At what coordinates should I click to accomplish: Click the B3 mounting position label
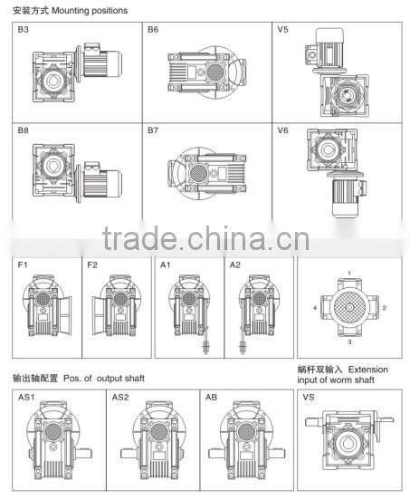pyautogui.click(x=24, y=30)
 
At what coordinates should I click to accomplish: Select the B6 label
pyautogui.click(x=153, y=30)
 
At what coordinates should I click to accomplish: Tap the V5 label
pyautogui.click(x=282, y=30)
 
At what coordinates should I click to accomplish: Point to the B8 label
pyautogui.click(x=24, y=130)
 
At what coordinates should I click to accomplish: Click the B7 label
pyautogui.click(x=153, y=130)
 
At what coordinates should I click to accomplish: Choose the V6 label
pyautogui.click(x=282, y=130)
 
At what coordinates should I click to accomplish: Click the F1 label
pyautogui.click(x=23, y=265)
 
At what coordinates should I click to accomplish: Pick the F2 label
pyautogui.click(x=92, y=265)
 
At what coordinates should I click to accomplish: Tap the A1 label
pyautogui.click(x=166, y=265)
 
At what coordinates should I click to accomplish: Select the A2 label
pyautogui.click(x=235, y=265)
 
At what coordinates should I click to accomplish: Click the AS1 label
pyautogui.click(x=26, y=398)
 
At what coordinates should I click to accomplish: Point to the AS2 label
pyautogui.click(x=120, y=398)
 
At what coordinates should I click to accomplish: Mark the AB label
pyautogui.click(x=211, y=398)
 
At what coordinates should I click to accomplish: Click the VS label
pyautogui.click(x=309, y=398)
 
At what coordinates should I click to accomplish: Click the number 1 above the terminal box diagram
pyautogui.click(x=349, y=274)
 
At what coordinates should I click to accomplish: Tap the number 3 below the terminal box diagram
pyautogui.click(x=349, y=341)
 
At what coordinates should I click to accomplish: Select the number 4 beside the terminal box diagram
pyautogui.click(x=315, y=308)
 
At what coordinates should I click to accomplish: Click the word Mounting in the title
pyautogui.click(x=71, y=11)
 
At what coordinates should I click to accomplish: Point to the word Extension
pyautogui.click(x=368, y=370)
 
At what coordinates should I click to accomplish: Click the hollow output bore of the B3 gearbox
pyautogui.click(x=53, y=81)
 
